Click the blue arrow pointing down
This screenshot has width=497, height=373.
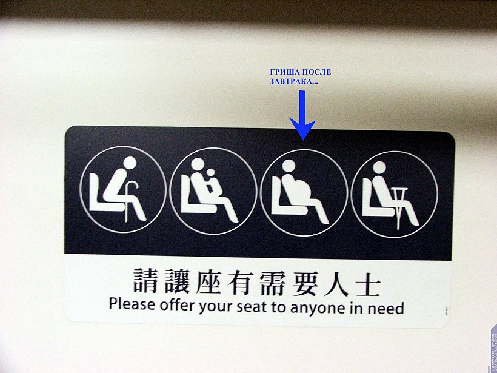[302, 115]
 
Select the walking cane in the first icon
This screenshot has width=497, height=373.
[130, 201]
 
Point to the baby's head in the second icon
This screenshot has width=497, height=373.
[210, 172]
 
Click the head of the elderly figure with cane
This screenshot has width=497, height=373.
[130, 163]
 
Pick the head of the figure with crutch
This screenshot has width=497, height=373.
[379, 167]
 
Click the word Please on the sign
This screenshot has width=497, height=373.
[132, 304]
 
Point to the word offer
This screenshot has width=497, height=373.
[177, 305]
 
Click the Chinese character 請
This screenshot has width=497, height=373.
[145, 280]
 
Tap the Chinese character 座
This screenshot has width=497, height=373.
[208, 281]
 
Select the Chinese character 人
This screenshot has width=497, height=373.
[336, 283]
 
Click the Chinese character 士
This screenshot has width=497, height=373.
[368, 284]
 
